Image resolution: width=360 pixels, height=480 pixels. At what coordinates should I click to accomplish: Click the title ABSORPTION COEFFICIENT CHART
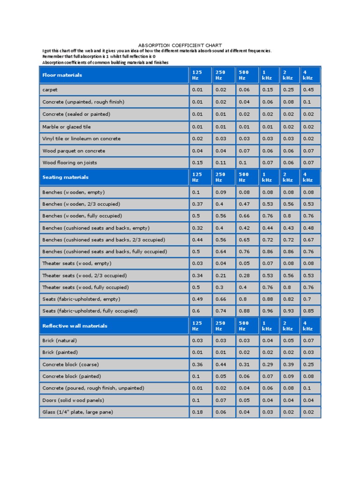point(180,45)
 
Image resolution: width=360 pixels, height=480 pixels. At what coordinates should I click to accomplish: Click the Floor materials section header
point(62,75)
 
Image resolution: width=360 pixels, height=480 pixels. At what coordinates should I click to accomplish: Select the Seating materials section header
point(65,177)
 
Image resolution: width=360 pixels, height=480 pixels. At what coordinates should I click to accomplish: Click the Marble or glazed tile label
point(67,127)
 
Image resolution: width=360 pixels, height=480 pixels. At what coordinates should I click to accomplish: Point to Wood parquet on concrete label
point(74,151)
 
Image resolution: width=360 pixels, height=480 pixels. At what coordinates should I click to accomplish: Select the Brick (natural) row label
point(60,340)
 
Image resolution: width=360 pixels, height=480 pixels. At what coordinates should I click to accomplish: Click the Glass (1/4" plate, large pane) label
point(77,412)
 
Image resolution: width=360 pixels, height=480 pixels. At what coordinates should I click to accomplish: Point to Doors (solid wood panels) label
point(73,400)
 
